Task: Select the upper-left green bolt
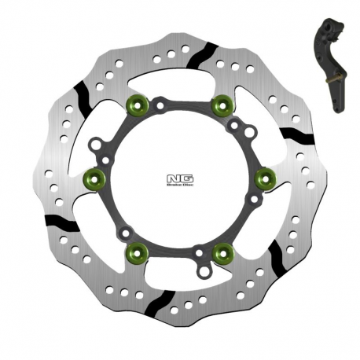(141, 101)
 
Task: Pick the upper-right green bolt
(225, 101)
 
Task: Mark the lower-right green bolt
(224, 252)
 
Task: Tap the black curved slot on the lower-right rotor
(277, 253)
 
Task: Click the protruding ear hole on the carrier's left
(96, 145)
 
